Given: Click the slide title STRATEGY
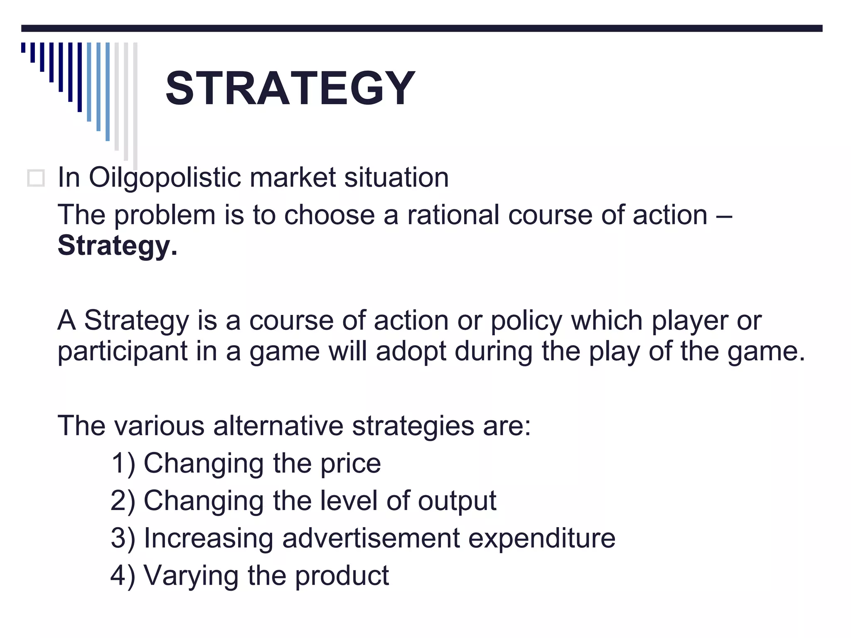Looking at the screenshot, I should [x=290, y=88].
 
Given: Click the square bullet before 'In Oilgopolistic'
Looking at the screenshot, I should [x=36, y=178].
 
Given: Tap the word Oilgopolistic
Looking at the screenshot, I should [x=165, y=178].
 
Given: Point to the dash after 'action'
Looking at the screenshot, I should [x=724, y=216].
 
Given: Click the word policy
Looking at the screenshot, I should [x=526, y=321].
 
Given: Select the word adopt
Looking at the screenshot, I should [x=411, y=351].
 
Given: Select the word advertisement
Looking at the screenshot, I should [x=371, y=538].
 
